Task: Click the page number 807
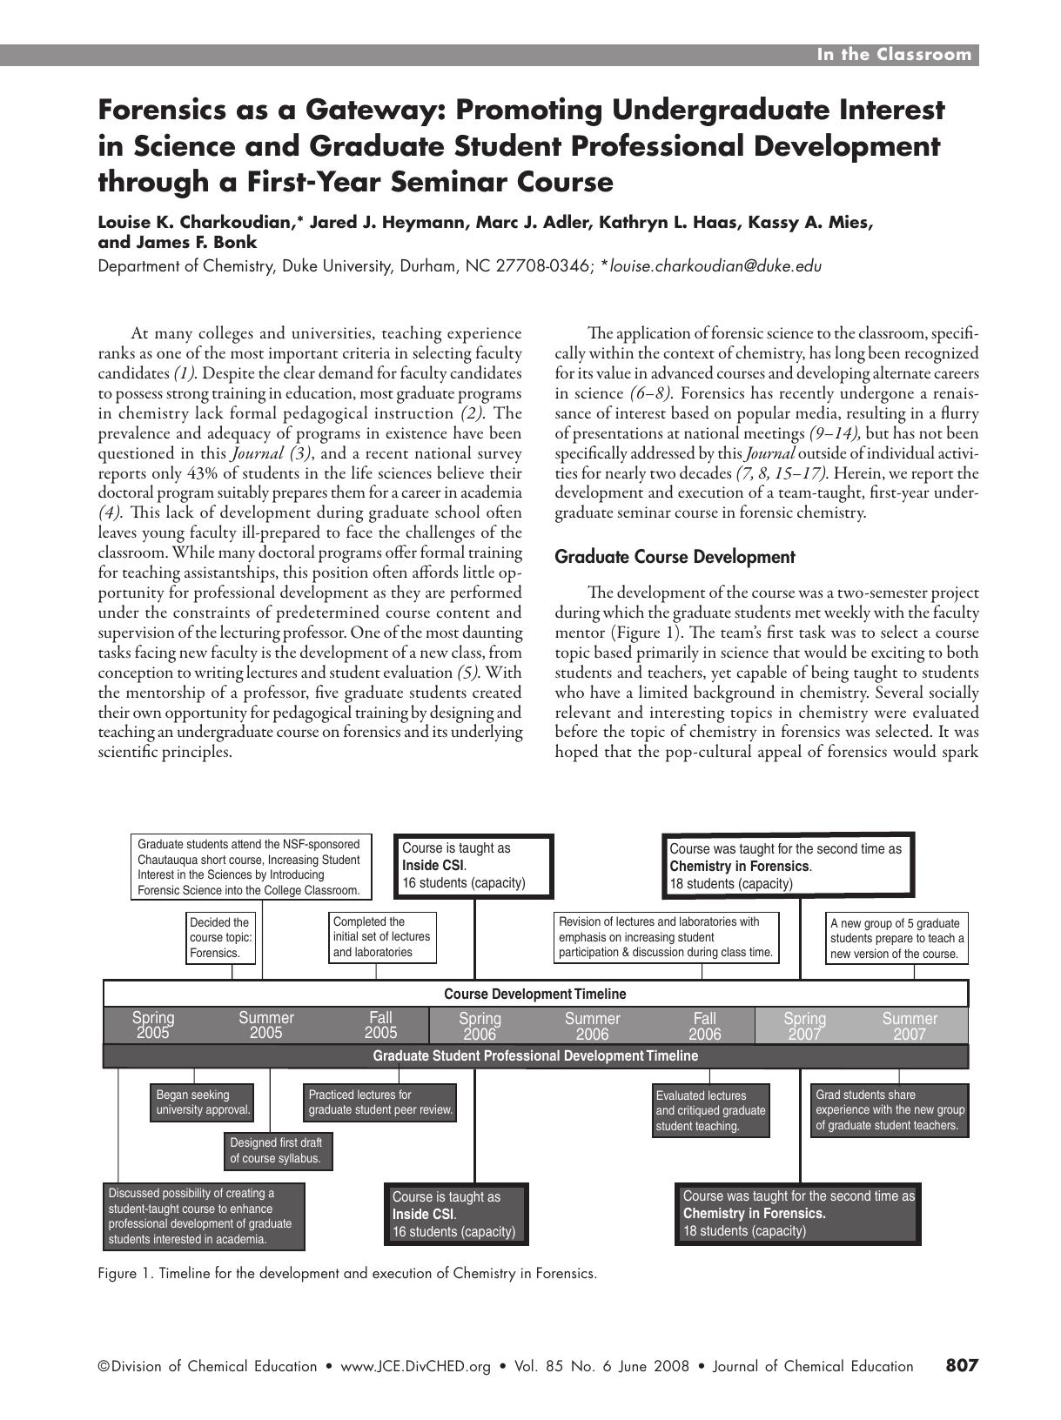click(962, 1365)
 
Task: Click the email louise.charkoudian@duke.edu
click(715, 266)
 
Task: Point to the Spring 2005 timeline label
click(153, 1025)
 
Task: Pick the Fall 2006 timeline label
click(705, 1026)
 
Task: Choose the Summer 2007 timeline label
click(910, 1026)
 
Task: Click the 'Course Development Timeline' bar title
click(534, 994)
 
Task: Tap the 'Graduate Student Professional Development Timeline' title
click(534, 1055)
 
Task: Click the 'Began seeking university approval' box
click(203, 1102)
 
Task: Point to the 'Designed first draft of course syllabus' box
click(278, 1150)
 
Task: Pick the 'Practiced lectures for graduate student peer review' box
click(380, 1102)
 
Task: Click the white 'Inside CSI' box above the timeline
click(474, 866)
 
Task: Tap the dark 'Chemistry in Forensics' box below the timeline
click(797, 1213)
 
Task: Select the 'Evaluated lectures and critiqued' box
click(710, 1110)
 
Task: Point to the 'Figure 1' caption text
click(347, 1273)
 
